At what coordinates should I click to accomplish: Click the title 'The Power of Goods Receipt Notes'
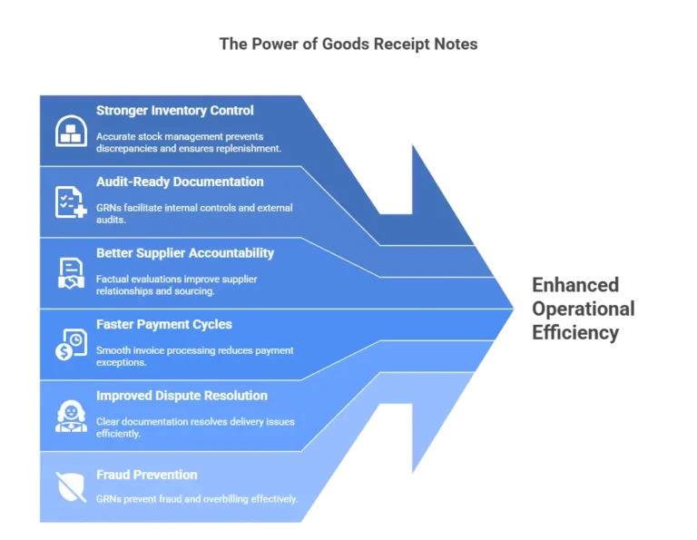click(x=348, y=44)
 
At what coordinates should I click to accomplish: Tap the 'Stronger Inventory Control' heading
click(x=174, y=110)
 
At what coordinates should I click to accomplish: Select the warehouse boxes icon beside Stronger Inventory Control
click(x=71, y=131)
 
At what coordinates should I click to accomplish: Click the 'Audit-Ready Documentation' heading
click(x=180, y=182)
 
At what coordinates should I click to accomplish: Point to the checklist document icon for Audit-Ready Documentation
click(x=71, y=202)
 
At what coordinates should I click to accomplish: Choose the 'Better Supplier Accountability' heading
click(x=185, y=253)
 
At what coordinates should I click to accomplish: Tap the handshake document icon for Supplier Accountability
click(x=71, y=273)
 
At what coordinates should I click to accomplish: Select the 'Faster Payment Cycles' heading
click(x=164, y=324)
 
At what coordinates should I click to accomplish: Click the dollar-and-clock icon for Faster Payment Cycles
click(x=71, y=344)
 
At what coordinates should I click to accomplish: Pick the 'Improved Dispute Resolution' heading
click(x=182, y=396)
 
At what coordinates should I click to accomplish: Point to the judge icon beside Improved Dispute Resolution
click(x=71, y=416)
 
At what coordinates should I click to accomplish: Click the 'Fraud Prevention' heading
click(x=147, y=475)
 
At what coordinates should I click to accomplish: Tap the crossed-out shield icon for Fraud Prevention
click(x=71, y=487)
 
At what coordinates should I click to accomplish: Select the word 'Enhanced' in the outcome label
click(x=575, y=285)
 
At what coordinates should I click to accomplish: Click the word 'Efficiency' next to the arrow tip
click(x=575, y=332)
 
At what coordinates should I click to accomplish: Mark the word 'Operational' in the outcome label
click(x=584, y=309)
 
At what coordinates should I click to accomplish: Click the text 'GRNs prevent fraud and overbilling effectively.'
click(x=197, y=499)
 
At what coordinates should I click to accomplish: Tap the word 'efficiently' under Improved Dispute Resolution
click(x=118, y=433)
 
